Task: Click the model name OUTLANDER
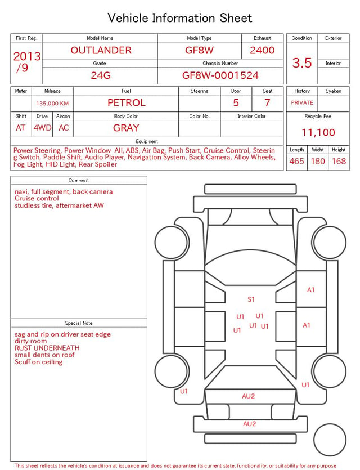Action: (x=101, y=50)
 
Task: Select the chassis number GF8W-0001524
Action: (x=220, y=75)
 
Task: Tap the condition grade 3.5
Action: (x=302, y=62)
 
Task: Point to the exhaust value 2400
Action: (x=262, y=50)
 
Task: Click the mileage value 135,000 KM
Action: (x=52, y=104)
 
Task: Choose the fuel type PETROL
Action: (x=127, y=103)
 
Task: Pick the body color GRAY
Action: (x=126, y=128)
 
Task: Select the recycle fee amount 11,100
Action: (x=318, y=132)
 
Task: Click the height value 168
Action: (x=339, y=161)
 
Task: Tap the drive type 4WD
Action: (x=42, y=128)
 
